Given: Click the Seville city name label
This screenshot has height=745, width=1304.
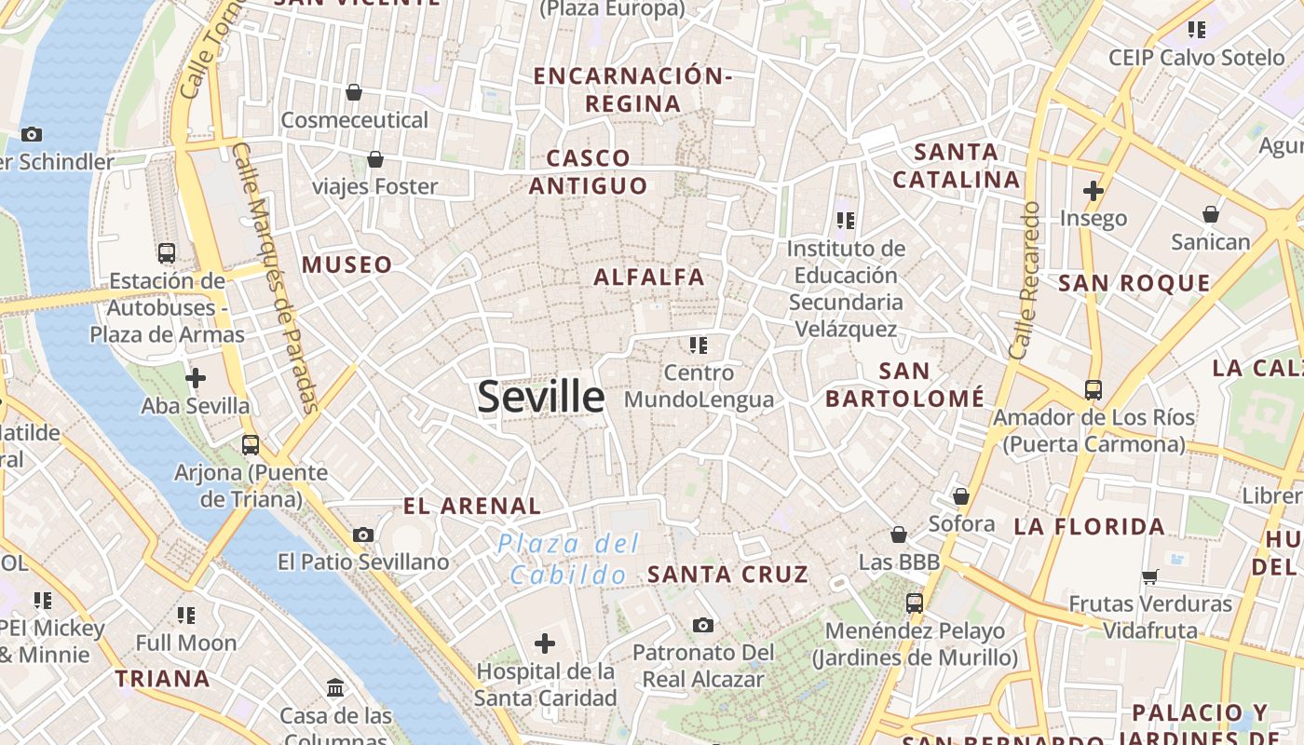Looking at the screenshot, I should pos(541,397).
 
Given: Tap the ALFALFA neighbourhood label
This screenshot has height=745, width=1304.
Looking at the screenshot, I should pos(649,277).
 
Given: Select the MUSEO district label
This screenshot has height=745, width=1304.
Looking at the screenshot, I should pos(346,264).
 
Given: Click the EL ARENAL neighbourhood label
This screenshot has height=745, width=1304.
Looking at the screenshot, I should pos(472,506).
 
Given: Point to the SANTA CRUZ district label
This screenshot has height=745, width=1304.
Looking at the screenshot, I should pos(728,574).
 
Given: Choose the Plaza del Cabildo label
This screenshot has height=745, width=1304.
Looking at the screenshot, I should pos(568,559).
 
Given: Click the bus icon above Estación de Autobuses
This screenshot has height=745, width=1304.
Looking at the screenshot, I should pos(167,252).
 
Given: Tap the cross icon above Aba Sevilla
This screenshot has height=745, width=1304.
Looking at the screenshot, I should pos(196,378).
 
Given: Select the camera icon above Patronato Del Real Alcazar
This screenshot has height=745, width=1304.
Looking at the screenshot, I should pos(703,625).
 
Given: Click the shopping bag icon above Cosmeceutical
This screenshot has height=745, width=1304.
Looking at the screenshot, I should pos(354,92).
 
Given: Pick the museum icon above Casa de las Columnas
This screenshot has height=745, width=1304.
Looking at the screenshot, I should pos(335,688).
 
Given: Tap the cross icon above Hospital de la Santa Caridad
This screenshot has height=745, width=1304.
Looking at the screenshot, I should pos(545,643).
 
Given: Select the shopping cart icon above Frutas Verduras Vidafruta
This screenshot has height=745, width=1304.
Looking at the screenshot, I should pos(1150,576).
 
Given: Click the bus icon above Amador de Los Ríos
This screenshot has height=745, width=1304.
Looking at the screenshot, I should pos(1093,389).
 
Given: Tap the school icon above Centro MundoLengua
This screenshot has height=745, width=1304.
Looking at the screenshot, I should pos(699,345).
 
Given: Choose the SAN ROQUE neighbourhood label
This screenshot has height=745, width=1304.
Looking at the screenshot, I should pos(1134,283).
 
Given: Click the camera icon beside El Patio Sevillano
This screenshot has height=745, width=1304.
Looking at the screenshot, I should pos(363,535).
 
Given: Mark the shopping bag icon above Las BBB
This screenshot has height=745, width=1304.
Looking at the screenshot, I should pos(899,535).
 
